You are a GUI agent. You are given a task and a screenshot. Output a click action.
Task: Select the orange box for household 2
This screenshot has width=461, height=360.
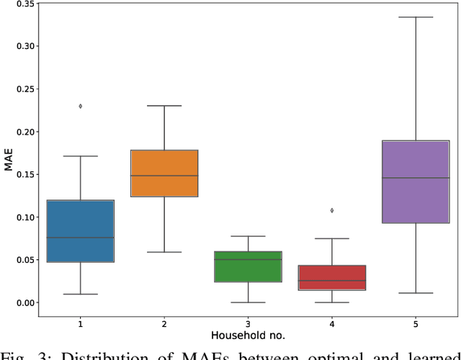tap(164, 173)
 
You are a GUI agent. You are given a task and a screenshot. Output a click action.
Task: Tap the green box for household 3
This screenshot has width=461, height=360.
tap(248, 266)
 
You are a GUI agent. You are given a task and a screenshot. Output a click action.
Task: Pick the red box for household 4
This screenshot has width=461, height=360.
tap(332, 277)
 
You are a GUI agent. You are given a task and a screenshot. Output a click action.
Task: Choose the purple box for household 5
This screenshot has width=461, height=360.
tap(416, 181)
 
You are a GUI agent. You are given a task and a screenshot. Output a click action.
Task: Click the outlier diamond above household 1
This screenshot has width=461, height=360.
tap(80, 106)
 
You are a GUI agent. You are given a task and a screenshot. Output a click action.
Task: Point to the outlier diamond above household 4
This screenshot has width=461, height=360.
tap(332, 210)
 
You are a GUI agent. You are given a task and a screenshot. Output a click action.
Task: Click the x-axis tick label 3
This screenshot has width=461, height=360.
tap(248, 324)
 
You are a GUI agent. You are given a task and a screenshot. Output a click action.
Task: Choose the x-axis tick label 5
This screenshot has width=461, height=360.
tap(416, 324)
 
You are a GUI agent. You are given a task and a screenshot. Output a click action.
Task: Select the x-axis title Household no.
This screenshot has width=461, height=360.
tap(248, 336)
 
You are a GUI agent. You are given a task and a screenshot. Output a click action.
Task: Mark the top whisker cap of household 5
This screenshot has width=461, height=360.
tap(416, 17)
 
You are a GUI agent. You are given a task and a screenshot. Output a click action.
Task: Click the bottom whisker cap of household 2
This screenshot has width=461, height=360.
tap(164, 252)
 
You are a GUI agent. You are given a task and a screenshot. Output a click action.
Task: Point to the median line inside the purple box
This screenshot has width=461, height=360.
tap(416, 178)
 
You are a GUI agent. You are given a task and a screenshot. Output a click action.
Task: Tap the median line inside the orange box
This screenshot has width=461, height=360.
tap(164, 176)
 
